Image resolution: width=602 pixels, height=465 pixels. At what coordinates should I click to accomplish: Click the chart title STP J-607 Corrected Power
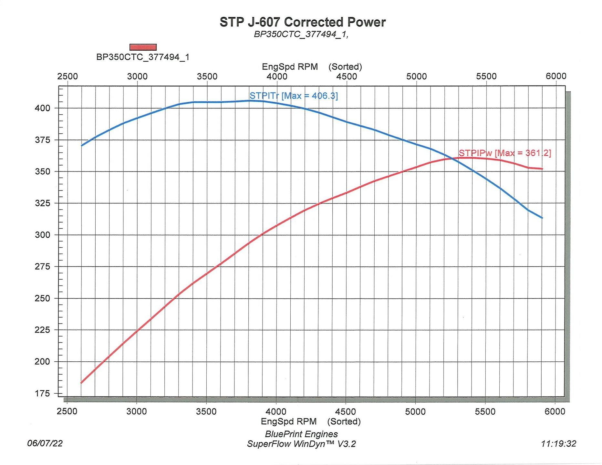point(303,22)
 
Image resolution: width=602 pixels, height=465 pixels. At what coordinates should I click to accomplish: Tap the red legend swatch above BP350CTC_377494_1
point(143,47)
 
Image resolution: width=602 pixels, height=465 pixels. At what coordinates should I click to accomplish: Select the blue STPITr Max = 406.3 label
point(294,96)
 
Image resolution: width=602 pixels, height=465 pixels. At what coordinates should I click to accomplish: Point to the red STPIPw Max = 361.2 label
point(505,153)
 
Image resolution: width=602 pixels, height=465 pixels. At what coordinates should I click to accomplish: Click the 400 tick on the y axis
point(42,108)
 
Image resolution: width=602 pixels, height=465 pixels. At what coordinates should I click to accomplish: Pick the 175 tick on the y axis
point(42,394)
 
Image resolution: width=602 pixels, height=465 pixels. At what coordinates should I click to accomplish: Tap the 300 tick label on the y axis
point(42,235)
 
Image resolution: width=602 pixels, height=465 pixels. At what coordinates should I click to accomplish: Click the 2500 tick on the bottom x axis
point(67,412)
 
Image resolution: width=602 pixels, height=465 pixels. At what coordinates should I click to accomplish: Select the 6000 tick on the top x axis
point(556,76)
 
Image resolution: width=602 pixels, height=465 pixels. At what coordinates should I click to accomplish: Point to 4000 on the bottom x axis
point(276,412)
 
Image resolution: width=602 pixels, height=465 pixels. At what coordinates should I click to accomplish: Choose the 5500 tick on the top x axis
point(486,76)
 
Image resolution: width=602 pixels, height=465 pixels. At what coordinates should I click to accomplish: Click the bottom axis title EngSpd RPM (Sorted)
point(311,421)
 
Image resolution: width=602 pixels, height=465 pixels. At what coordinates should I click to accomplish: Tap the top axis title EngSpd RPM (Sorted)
point(312,67)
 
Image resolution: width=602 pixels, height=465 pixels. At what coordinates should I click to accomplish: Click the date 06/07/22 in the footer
point(45,443)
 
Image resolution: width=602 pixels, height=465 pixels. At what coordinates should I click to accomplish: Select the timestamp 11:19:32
point(559,444)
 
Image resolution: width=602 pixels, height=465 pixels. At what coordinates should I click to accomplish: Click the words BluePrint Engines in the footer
point(301,434)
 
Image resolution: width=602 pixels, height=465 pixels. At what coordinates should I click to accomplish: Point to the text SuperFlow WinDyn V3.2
point(301,444)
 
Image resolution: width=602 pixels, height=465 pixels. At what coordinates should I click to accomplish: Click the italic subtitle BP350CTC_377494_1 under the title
point(301,34)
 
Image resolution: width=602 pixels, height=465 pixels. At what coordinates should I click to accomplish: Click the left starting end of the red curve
point(81,383)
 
